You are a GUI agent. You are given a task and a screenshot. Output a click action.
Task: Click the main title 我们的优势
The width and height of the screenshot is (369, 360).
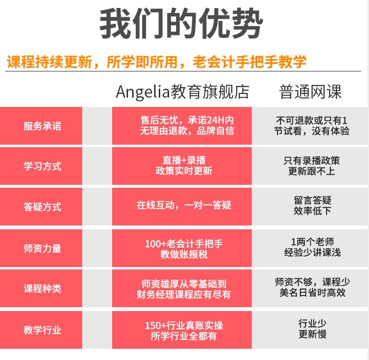pos(181,24)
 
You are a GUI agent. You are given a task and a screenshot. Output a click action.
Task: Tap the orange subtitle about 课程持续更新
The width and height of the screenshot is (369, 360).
pos(157,62)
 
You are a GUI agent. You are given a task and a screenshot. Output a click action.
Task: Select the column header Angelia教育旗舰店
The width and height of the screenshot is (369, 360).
pos(182,92)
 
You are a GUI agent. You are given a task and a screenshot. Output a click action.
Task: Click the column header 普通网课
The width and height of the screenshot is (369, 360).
pos(311,92)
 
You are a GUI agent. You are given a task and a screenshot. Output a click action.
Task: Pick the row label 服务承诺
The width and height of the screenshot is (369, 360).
pos(42,126)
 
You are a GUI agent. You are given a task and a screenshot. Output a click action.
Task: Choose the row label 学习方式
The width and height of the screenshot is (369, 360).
pos(42,166)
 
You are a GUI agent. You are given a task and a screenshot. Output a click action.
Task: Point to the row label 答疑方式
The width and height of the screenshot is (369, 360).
pos(42,207)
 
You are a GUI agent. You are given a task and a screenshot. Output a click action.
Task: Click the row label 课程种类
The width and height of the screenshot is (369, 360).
pos(42,289)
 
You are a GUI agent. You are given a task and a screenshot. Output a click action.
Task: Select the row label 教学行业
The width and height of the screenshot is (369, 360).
pos(42,330)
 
